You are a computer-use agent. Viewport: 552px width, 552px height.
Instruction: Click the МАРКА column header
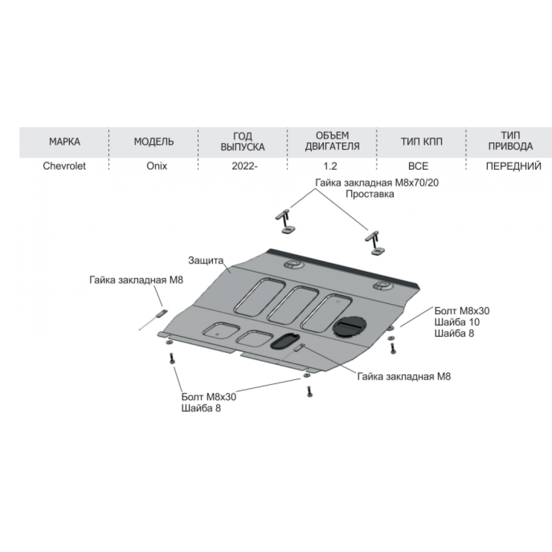coord(65,141)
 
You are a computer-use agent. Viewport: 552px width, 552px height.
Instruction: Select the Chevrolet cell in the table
coord(64,166)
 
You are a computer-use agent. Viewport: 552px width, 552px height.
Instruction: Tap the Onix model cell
coord(157,166)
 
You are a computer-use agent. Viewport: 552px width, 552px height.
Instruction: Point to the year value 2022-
coord(244,166)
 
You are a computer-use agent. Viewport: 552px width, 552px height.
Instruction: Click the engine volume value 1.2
coord(330,166)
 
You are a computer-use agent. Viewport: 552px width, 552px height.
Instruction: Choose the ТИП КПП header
coord(422,141)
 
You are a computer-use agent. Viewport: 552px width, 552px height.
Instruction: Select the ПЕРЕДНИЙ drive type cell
coord(514,166)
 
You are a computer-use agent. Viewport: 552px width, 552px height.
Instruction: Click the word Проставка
coord(370,194)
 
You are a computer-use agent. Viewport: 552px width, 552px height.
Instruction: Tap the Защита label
coord(206,261)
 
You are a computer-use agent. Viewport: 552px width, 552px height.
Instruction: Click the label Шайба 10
coord(457,322)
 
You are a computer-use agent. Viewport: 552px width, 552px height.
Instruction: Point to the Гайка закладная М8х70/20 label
coord(377,183)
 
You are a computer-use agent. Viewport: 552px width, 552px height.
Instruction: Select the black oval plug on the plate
coord(285,341)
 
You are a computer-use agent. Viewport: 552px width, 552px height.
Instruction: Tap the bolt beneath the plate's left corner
coord(172,359)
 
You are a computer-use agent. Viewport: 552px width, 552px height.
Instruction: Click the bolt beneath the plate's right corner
coord(393,348)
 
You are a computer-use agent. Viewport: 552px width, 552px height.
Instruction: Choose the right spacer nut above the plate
coord(374,242)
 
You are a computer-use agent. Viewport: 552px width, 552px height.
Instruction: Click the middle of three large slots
coord(293,304)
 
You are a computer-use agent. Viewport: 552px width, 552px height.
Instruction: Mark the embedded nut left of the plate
coord(162,313)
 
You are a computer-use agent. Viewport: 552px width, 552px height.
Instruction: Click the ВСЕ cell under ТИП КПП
coord(418,166)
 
